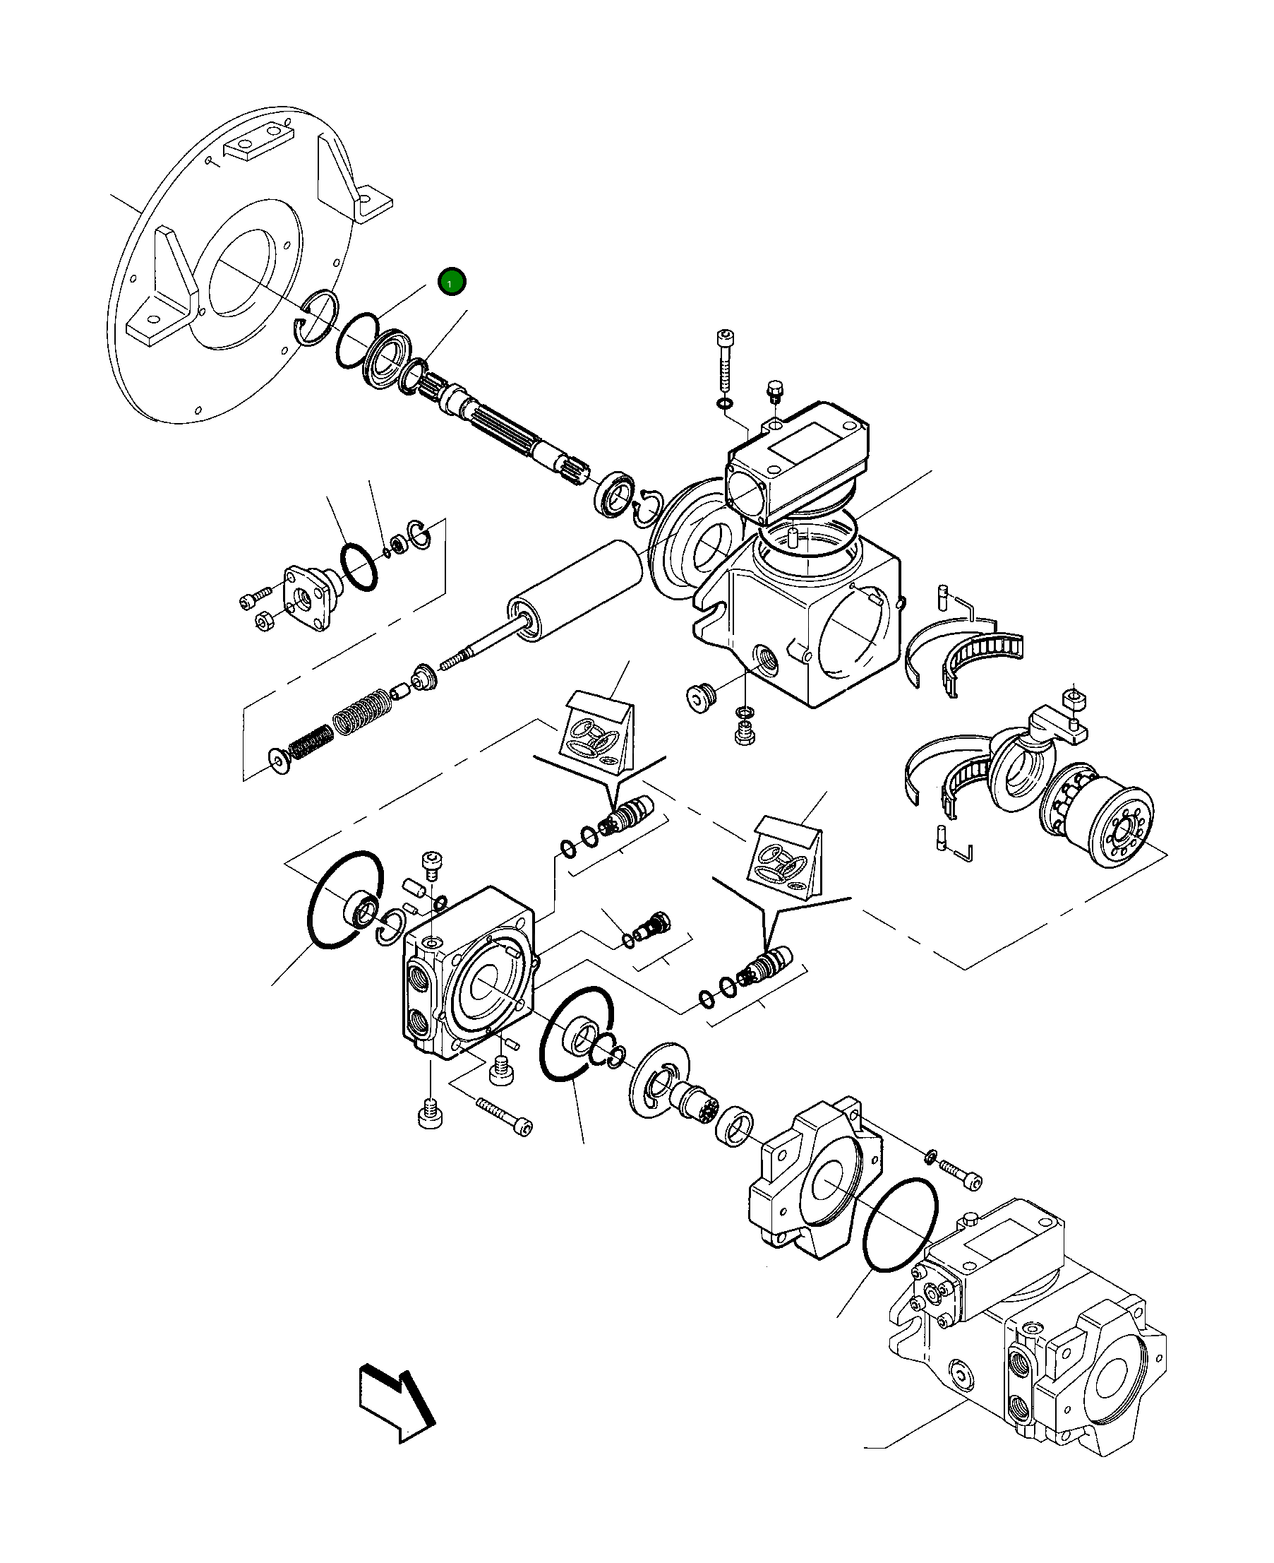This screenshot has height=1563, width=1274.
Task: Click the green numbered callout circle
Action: tap(451, 281)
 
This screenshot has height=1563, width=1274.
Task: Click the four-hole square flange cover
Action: tap(307, 598)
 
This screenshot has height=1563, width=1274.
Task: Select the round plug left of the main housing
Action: tap(700, 696)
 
